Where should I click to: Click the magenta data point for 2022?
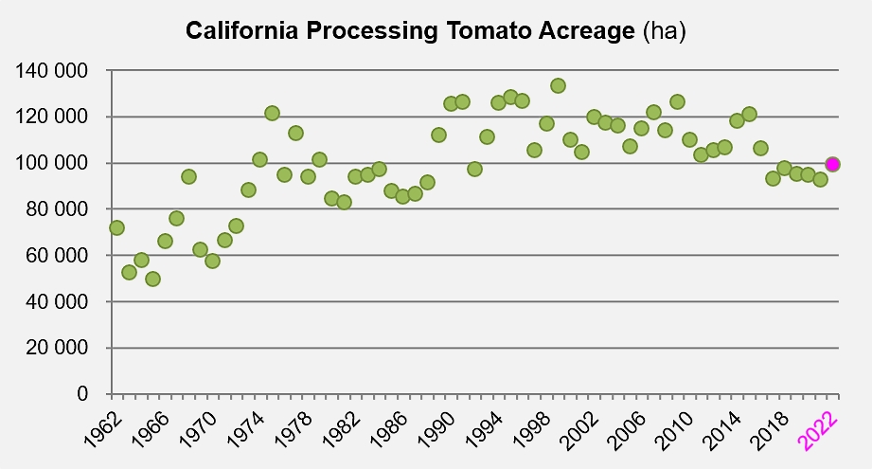pyautogui.click(x=832, y=164)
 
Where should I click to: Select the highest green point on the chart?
pyautogui.click(x=558, y=85)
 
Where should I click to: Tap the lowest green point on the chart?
pyautogui.click(x=153, y=279)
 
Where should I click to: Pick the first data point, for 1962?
pyautogui.click(x=116, y=227)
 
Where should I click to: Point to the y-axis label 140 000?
pyautogui.click(x=51, y=71)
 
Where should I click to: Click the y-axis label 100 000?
pyautogui.click(x=51, y=163)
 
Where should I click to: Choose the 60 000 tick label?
pyautogui.click(x=57, y=256)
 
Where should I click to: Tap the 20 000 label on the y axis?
pyautogui.click(x=57, y=348)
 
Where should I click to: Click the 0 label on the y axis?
pyautogui.click(x=82, y=393)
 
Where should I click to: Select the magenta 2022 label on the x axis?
pyautogui.click(x=817, y=431)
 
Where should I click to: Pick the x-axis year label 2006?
pyautogui.click(x=627, y=431)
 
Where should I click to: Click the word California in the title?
pyautogui.click(x=242, y=30)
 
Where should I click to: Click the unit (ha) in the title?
pyautogui.click(x=665, y=30)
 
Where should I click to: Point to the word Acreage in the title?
pyautogui.click(x=586, y=31)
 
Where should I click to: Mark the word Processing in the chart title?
pyautogui.click(x=372, y=31)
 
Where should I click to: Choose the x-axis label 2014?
pyautogui.click(x=722, y=431)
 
